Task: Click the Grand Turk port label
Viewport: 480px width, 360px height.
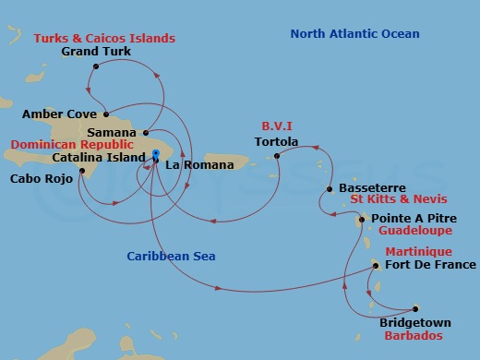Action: (95, 52)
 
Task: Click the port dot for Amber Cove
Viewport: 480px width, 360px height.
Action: (106, 115)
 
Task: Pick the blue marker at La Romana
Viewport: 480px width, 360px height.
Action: (156, 154)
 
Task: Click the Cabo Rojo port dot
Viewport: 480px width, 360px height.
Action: (82, 171)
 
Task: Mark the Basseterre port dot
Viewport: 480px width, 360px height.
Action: (330, 189)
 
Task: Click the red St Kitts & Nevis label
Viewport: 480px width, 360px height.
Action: (399, 199)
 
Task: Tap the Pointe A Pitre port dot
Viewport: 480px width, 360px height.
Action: (363, 219)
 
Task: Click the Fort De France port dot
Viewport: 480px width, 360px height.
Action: (376, 266)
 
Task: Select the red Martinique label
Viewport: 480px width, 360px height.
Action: (417, 252)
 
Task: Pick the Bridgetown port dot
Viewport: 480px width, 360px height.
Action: (415, 308)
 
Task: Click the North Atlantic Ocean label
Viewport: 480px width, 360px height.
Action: (354, 34)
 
